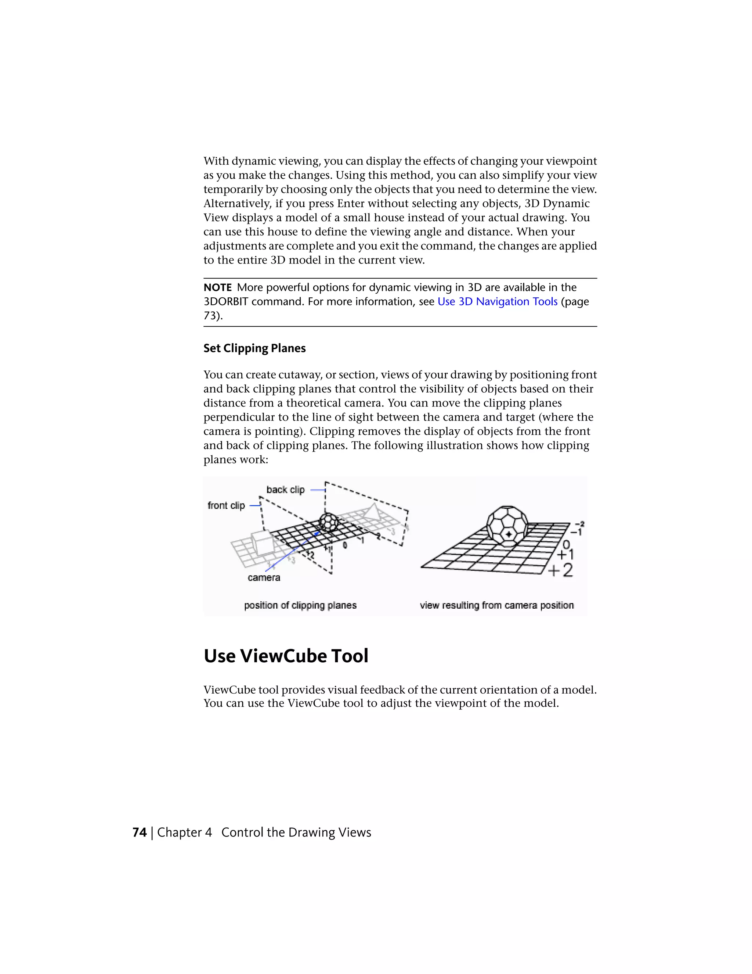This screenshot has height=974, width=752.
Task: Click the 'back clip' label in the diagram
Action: (x=285, y=490)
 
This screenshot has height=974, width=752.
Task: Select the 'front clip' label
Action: (x=226, y=505)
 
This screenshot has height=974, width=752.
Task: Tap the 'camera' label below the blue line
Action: (x=264, y=577)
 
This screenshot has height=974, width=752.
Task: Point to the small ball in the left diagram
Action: (x=329, y=522)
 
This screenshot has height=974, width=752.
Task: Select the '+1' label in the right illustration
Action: (x=565, y=554)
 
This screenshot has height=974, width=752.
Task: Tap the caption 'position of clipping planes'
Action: (x=300, y=605)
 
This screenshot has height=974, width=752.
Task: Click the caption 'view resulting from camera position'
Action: (x=496, y=605)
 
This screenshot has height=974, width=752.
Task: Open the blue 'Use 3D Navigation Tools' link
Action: (x=497, y=301)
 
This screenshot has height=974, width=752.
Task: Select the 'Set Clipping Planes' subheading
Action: (x=254, y=348)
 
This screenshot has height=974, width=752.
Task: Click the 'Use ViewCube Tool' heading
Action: (x=286, y=656)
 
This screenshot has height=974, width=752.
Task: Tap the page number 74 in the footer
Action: (x=140, y=832)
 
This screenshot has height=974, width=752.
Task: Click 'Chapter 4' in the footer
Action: (x=184, y=832)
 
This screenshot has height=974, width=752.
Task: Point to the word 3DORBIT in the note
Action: (x=226, y=301)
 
